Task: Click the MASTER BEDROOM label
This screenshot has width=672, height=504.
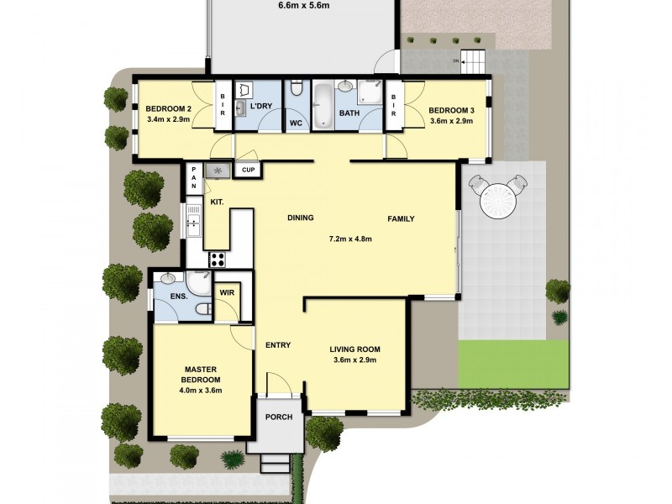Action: pos(201,375)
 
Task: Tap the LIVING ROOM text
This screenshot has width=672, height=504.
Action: pos(354,349)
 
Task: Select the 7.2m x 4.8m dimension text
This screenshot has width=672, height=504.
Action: pos(350,239)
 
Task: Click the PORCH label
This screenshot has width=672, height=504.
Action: pos(279,417)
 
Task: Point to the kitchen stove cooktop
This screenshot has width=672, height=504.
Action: pos(218,260)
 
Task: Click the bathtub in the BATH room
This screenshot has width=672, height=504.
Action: pos(323,107)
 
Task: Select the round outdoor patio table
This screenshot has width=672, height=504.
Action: pos(499,201)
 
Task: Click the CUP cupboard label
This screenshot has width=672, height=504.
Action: pos(248,170)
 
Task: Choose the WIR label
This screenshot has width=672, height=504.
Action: pos(227,292)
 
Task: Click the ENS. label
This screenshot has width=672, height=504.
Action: pos(179,297)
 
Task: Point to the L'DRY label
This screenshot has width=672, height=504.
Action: pos(261,106)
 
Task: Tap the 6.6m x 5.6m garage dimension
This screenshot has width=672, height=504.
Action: pos(304,6)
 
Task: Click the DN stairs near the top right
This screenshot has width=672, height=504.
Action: pos(474,61)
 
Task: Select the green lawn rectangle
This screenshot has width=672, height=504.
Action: pos(514,365)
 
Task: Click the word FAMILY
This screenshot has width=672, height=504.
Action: pos(401,219)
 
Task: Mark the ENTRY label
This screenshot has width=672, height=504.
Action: pos(278,345)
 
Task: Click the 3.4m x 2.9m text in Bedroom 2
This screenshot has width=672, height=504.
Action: pos(168,119)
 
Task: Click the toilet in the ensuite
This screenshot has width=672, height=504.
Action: pos(203,308)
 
